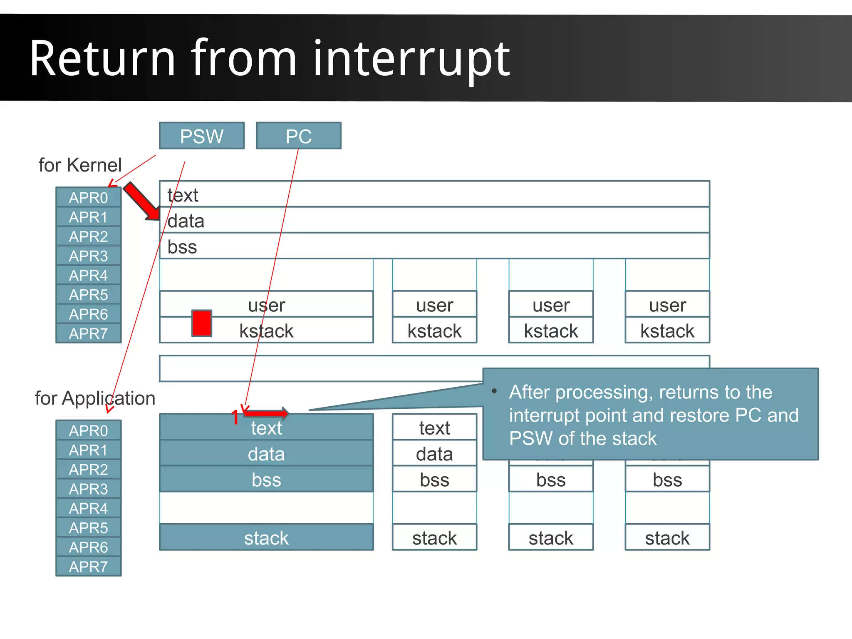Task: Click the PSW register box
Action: pos(201,136)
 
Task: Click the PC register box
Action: pos(298,136)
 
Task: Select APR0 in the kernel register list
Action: pos(88,197)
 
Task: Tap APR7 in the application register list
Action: pos(88,567)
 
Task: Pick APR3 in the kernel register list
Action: pos(88,256)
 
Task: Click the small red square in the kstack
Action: pos(202,323)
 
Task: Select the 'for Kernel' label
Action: pos(80,165)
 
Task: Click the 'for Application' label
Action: pos(95,398)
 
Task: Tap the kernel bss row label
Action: pos(182,247)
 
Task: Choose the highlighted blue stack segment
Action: pos(266,538)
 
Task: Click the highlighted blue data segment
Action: pos(266,454)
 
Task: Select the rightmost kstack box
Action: pos(667,331)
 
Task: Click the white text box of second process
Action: pos(434,428)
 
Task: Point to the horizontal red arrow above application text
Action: pos(266,413)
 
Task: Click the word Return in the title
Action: pos(102,58)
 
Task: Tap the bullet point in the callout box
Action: pos(494,391)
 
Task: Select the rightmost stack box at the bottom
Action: pos(667,538)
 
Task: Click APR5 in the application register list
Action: pos(88,528)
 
